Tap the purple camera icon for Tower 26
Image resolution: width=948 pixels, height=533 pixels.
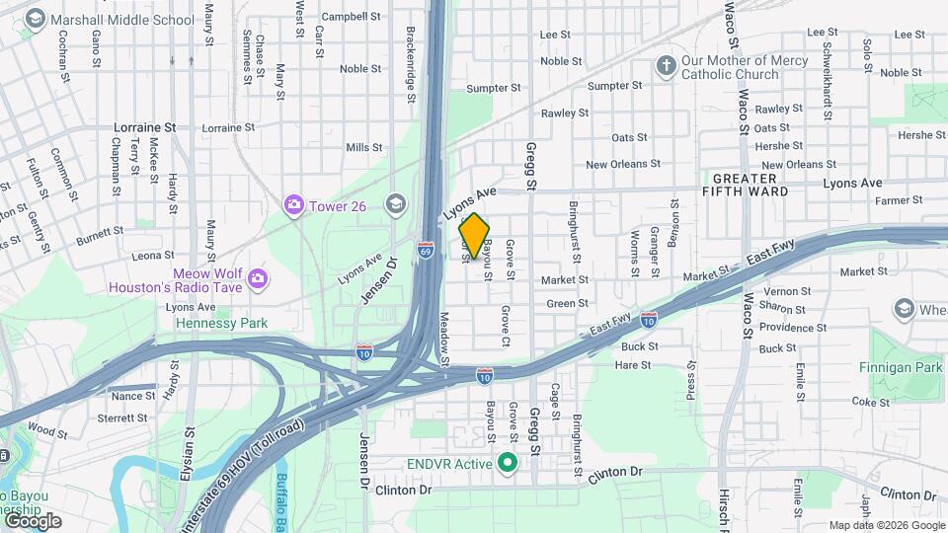pos(293,205)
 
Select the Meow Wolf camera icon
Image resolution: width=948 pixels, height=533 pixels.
pos(257,278)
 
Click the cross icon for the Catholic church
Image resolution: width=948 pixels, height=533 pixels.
pos(667,66)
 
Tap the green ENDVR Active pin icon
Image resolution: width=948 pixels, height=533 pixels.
pos(508,462)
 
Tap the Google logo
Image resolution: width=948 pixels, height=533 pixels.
pos(32,520)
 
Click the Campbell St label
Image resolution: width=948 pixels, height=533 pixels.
pos(351,16)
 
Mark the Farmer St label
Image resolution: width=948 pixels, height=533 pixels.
pos(898,200)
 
